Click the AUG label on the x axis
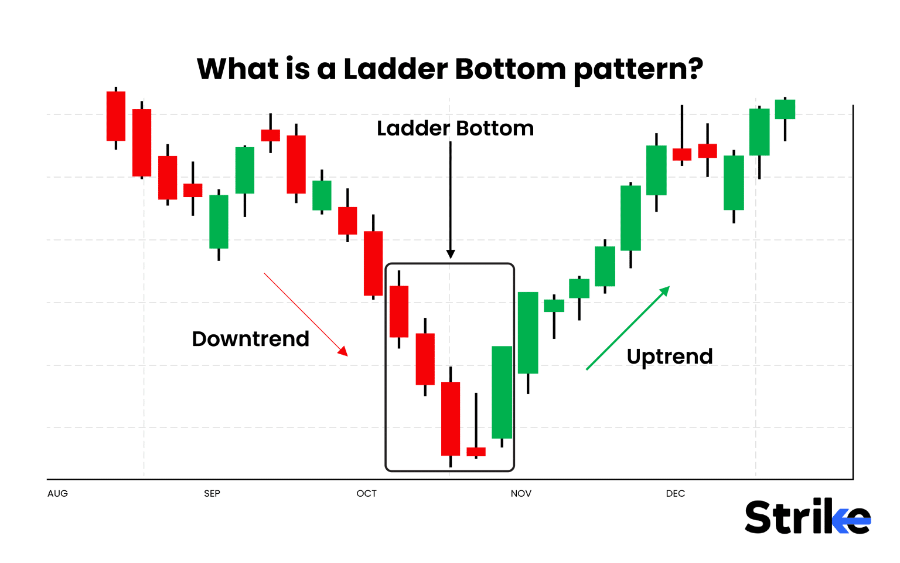click(x=57, y=493)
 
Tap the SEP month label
click(x=212, y=493)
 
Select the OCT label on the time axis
click(x=366, y=493)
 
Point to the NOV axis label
click(x=521, y=493)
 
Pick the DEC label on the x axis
click(x=675, y=493)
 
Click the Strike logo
click(x=807, y=517)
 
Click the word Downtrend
click(x=250, y=339)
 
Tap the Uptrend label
click(x=669, y=357)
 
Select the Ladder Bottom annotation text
click(x=455, y=128)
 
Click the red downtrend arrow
click(x=305, y=314)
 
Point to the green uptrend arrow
click(x=628, y=328)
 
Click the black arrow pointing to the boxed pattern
click(x=451, y=199)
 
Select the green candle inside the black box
click(x=502, y=392)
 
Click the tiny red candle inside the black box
click(x=476, y=452)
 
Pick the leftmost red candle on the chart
click(x=116, y=116)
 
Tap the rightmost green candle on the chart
click(x=785, y=109)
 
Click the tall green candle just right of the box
click(x=528, y=333)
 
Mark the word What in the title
click(x=238, y=69)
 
